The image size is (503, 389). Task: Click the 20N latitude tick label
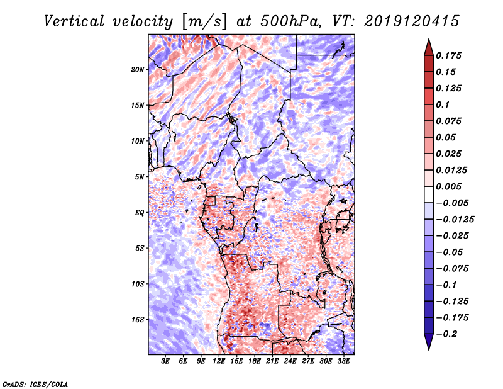coord(138,70)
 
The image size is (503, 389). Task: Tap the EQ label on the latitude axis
coord(140,213)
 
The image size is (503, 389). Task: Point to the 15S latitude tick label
coord(138,320)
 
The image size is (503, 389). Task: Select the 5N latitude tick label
coord(140,177)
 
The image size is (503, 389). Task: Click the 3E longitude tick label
coord(165,361)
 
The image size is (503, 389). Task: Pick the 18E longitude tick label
coord(255,361)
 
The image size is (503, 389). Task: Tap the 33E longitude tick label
coord(343,361)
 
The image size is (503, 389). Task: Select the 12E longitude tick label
coord(219,361)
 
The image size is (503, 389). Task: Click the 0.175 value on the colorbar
coord(448,55)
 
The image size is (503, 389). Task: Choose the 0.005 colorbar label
coord(448,186)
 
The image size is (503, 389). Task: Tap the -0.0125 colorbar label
coord(455,220)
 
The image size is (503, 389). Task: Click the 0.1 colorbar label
coord(443,104)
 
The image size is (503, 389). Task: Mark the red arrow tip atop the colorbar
coord(429,39)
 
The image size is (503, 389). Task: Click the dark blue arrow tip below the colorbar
coord(429,349)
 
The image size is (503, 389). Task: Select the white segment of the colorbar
coord(429,194)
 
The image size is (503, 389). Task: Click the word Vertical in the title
coord(74,21)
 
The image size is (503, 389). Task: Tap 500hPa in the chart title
coord(290,21)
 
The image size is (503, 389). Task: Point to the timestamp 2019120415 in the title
coord(412,21)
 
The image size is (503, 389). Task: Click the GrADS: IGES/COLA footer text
coord(35,384)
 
